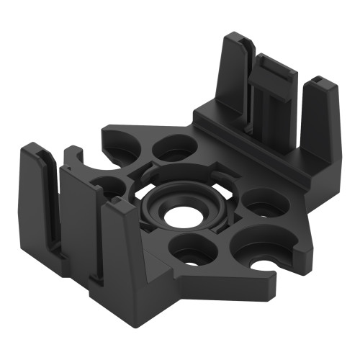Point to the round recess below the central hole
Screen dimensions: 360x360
tap(191, 248)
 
